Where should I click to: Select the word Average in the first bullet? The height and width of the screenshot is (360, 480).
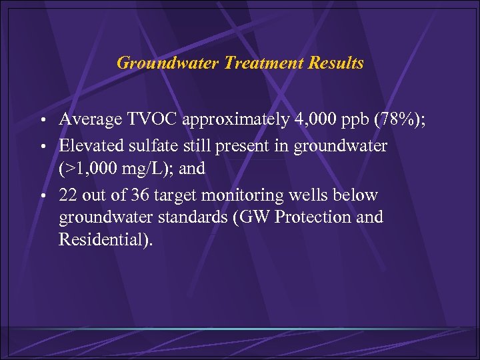pos(87,120)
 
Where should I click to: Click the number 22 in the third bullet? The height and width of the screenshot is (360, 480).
pos(67,195)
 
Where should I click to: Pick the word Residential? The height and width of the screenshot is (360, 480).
pos(103,239)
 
